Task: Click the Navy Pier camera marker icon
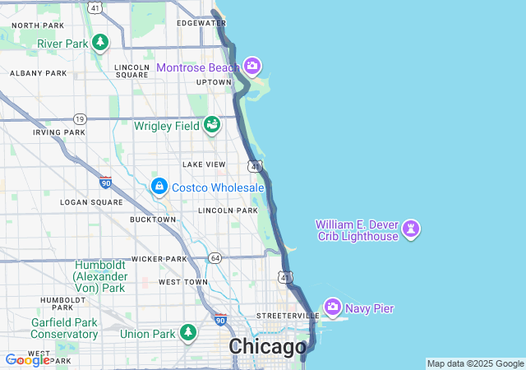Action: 333,308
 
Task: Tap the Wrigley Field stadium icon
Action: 212,125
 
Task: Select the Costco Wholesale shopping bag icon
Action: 159,187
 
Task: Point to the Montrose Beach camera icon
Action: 252,65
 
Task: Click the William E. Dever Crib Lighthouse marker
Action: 412,229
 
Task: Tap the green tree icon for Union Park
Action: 189,332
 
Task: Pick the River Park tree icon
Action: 100,41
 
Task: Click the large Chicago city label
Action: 267,346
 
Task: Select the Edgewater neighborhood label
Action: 201,23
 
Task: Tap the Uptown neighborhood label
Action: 214,82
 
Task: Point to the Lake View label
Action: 204,164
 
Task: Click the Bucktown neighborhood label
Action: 153,220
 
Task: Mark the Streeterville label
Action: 288,316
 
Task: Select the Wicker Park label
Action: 159,259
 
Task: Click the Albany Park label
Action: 38,73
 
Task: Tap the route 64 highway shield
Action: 215,258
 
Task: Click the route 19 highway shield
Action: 79,118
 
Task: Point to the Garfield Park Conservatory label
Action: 64,328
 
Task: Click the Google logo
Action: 27,360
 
